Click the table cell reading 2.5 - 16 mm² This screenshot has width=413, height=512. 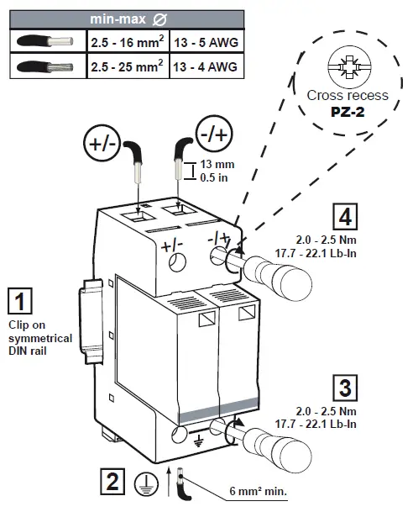(x=126, y=40)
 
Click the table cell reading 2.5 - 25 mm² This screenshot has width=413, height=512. (x=126, y=65)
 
